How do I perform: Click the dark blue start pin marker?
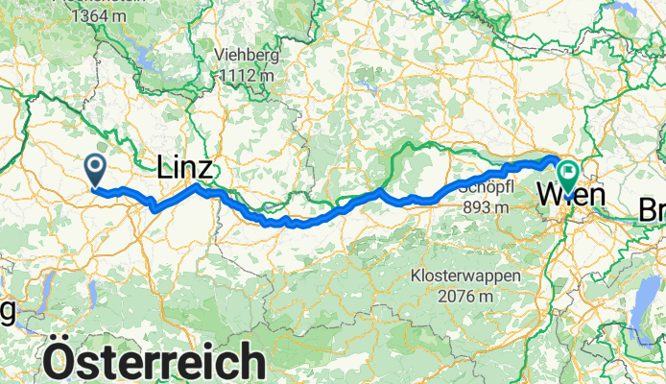click(97, 169)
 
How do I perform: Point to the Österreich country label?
click(155, 363)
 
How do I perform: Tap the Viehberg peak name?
click(247, 53)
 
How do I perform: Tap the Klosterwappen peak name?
click(467, 276)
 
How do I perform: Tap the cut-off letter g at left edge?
click(9, 310)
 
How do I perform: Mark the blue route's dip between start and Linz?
click(153, 206)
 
